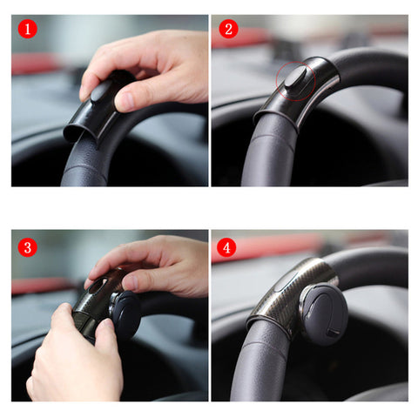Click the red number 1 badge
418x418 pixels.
click(29, 29)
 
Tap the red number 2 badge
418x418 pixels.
click(229, 29)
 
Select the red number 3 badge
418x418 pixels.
click(29, 247)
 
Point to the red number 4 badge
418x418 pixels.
click(229, 247)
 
